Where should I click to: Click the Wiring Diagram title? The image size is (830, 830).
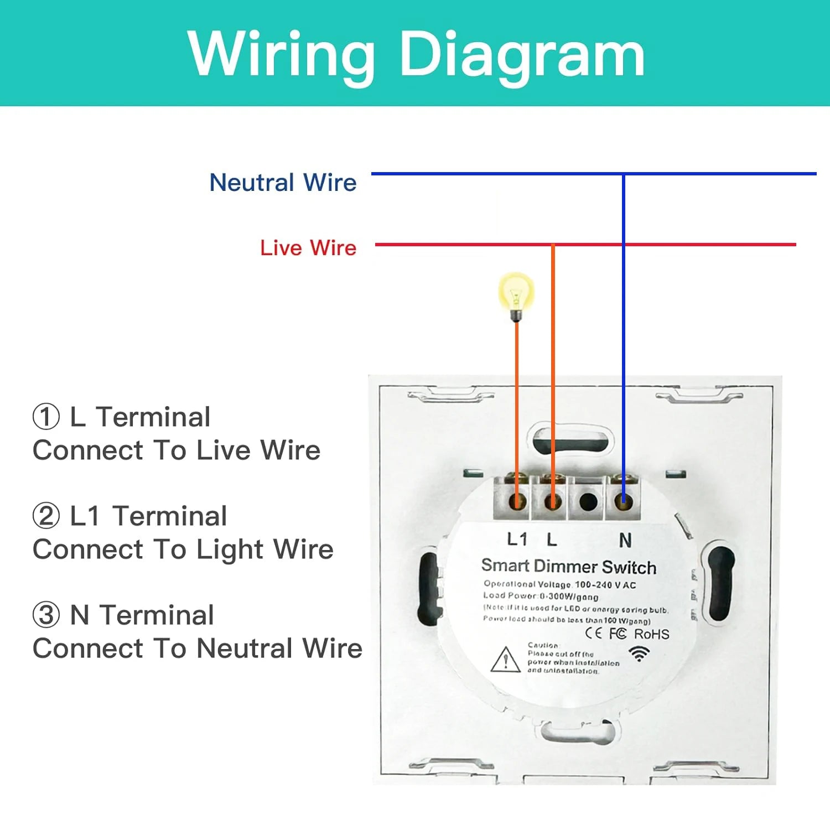(x=416, y=54)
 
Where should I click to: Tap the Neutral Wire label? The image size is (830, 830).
(x=283, y=182)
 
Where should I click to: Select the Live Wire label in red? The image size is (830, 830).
(x=308, y=247)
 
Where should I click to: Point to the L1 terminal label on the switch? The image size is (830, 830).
(x=517, y=539)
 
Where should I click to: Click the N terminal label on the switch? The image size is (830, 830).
(x=625, y=540)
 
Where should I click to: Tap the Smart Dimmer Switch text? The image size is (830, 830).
(x=569, y=566)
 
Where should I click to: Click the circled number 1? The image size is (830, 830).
(x=46, y=417)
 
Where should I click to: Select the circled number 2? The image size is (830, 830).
(x=46, y=516)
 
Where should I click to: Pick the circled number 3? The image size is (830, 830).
(x=46, y=615)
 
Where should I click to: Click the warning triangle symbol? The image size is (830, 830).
(x=505, y=660)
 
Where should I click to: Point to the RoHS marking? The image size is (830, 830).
(x=651, y=634)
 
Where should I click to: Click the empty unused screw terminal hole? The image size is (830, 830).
(x=588, y=502)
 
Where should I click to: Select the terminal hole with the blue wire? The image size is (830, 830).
(x=624, y=502)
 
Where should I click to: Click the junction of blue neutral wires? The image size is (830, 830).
(x=624, y=174)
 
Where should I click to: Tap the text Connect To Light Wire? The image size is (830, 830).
(x=183, y=549)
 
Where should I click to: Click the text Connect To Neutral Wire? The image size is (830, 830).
(x=197, y=649)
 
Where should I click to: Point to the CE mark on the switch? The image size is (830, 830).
(x=593, y=633)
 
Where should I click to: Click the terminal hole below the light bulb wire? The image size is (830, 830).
(x=517, y=502)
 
